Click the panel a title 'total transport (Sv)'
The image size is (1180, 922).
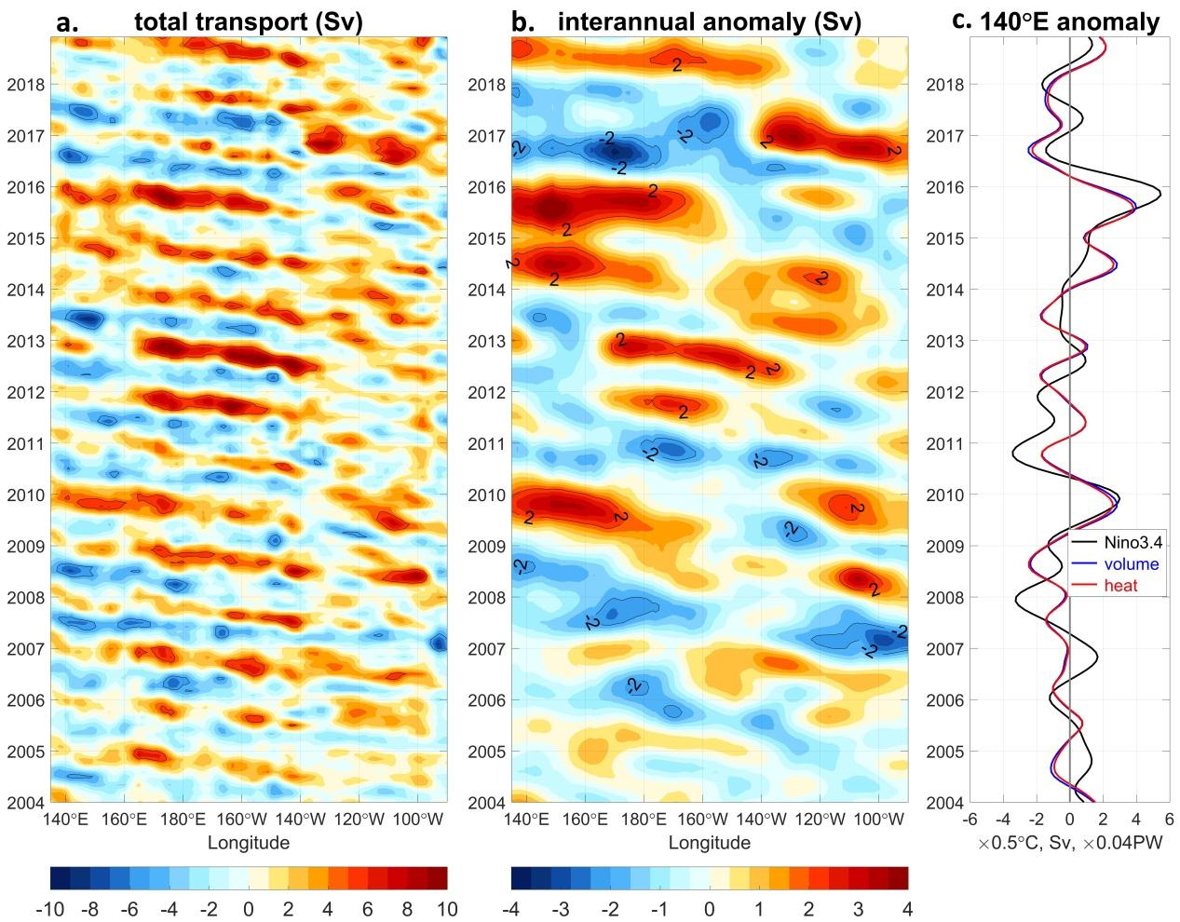click(249, 21)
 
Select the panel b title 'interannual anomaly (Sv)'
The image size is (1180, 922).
click(709, 21)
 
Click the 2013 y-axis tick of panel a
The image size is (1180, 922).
click(24, 341)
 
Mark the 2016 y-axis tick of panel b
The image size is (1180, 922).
click(485, 187)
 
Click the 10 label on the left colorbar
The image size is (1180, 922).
click(446, 908)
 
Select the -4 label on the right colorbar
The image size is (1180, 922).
click(511, 908)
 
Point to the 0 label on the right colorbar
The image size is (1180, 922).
click(710, 908)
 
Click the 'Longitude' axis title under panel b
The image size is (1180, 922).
click(710, 843)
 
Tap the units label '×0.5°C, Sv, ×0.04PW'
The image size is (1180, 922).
click(1068, 844)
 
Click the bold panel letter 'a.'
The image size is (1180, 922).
click(71, 22)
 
